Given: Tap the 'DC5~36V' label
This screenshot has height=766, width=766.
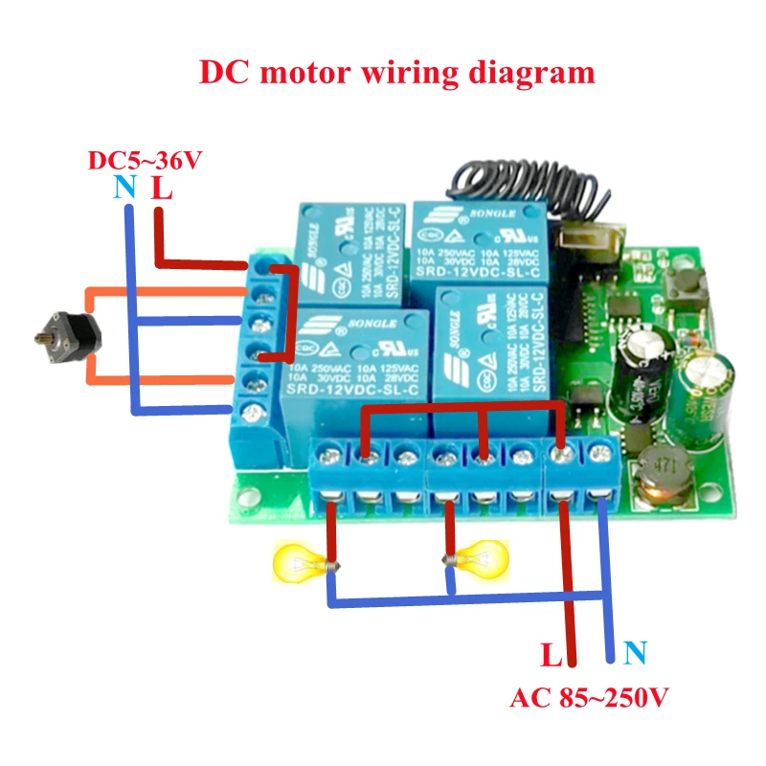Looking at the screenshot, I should (145, 159).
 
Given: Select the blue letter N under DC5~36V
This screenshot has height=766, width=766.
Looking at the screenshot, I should (124, 187).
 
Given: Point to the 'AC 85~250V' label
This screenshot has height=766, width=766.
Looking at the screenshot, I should (588, 697).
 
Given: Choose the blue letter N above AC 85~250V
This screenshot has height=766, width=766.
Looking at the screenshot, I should (634, 655).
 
